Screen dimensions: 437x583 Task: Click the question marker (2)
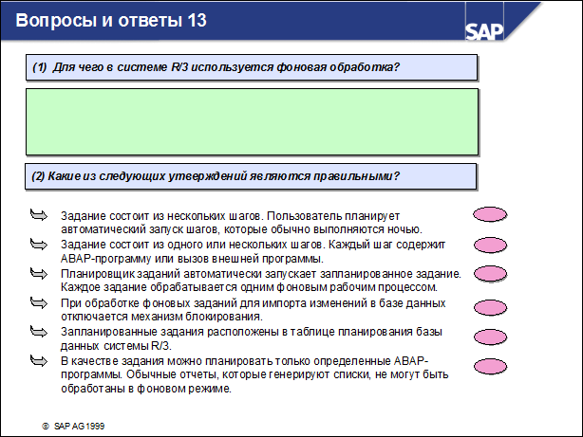(x=40, y=175)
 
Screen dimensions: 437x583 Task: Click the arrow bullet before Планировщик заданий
(x=39, y=273)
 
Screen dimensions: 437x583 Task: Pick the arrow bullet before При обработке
(x=39, y=302)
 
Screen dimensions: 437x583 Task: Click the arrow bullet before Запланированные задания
(x=39, y=332)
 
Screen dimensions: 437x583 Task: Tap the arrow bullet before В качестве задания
(x=39, y=361)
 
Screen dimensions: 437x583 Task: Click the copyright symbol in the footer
(x=45, y=427)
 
